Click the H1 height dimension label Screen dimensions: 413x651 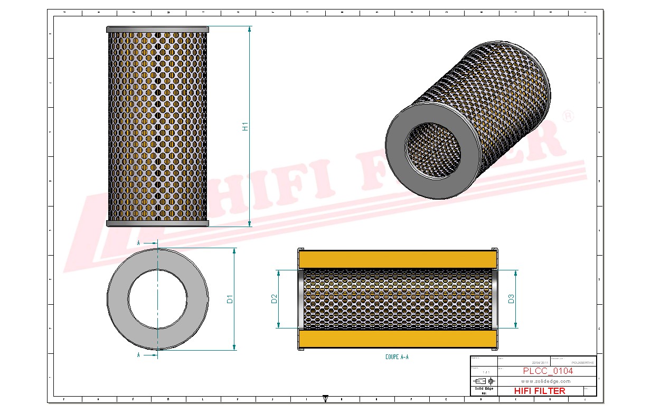245,127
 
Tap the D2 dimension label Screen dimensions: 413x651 274,299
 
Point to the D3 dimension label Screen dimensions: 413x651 511,299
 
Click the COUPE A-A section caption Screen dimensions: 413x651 397,358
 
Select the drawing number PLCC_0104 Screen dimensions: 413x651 548,371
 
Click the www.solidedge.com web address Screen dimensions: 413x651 545,381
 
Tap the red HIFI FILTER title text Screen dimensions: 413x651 539,391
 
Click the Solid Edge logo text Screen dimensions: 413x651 483,389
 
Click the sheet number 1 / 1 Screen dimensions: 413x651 478,372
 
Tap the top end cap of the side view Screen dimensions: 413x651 157,30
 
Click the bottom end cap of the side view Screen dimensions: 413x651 157,223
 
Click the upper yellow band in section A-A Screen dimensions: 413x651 397,259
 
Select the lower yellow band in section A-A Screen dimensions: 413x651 397,338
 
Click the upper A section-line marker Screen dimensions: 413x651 138,242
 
